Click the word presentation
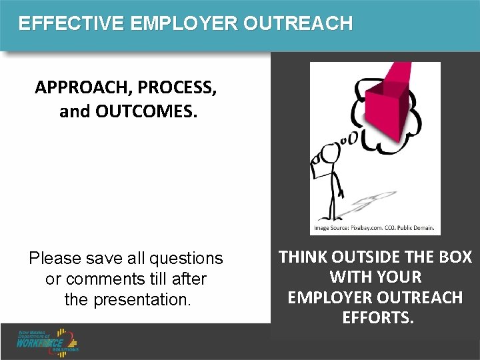pyautogui.click(x=140, y=300)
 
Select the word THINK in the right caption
pyautogui.click(x=304, y=257)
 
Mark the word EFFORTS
pyautogui.click(x=378, y=317)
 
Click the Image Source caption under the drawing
pyautogui.click(x=374, y=229)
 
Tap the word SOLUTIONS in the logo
pyautogui.click(x=66, y=349)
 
